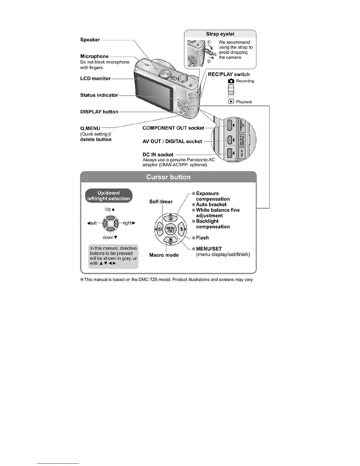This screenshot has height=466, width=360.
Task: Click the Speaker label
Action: tap(90, 40)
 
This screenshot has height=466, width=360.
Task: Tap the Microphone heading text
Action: tap(94, 56)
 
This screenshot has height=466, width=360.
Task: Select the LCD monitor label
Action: tap(95, 79)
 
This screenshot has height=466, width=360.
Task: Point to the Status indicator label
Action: tap(99, 95)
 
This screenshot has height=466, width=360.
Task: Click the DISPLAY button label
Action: tap(99, 112)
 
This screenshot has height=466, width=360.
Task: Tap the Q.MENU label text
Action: tap(90, 128)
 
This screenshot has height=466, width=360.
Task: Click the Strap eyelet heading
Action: tap(220, 34)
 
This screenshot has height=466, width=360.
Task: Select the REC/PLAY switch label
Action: tap(229, 74)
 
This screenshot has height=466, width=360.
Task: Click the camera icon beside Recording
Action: tap(231, 81)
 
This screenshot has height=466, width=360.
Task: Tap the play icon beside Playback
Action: tap(231, 102)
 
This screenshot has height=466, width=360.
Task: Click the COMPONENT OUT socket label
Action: tap(173, 128)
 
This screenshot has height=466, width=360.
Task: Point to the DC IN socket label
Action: tap(158, 154)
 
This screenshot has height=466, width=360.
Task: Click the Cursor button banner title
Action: tap(168, 177)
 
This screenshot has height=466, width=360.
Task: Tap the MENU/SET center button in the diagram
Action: tap(171, 229)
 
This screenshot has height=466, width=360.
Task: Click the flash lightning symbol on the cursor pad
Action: tap(182, 229)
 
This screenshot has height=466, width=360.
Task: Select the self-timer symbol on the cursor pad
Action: tap(159, 229)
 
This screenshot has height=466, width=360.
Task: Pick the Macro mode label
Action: tap(164, 255)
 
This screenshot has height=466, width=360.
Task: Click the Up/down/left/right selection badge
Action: tap(109, 196)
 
